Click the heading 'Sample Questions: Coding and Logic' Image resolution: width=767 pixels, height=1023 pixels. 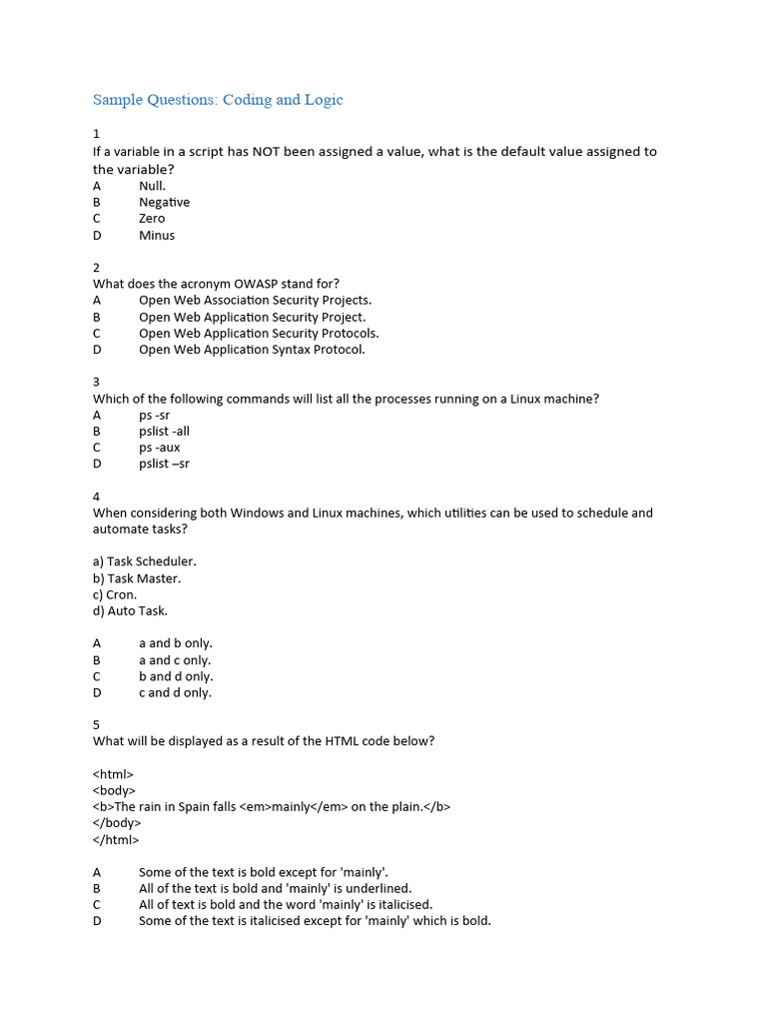click(x=218, y=99)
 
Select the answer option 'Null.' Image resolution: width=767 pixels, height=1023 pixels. click(x=153, y=186)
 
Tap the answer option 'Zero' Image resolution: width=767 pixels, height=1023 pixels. click(x=152, y=219)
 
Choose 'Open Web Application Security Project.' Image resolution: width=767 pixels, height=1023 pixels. click(x=253, y=317)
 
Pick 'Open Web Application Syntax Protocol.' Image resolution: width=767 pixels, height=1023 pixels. click(x=252, y=350)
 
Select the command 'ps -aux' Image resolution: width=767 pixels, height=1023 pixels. click(x=160, y=448)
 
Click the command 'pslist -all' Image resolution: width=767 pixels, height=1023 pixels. click(x=164, y=432)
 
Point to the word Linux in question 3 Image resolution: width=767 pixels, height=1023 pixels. click(x=530, y=399)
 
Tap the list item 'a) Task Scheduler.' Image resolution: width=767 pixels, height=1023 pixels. click(x=145, y=561)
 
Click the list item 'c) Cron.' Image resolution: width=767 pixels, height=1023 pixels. click(x=115, y=594)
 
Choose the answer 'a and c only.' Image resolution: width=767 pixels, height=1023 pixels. click(x=175, y=660)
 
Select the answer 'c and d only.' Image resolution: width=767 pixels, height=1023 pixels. click(x=175, y=692)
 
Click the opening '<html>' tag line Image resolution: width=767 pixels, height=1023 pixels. click(x=113, y=774)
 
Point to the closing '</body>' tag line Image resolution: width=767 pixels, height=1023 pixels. click(x=117, y=823)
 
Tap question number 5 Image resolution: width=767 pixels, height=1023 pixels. click(x=97, y=725)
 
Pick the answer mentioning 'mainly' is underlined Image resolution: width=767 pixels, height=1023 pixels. click(x=275, y=888)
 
